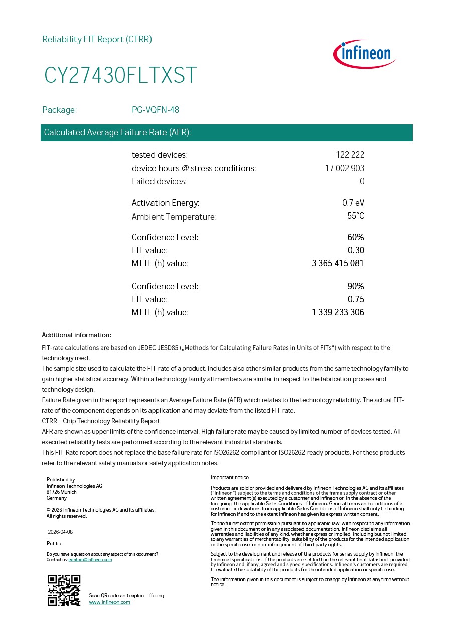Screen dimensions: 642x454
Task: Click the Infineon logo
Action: coord(365,54)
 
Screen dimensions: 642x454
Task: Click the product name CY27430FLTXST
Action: coord(120,76)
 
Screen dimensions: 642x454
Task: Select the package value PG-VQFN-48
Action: coord(156,110)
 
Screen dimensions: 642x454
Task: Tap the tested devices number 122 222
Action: coord(350,155)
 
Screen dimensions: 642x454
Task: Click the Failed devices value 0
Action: coord(362,181)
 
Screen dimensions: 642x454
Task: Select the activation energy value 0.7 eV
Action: coord(353,203)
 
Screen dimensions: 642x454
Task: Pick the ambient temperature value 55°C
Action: coord(356,216)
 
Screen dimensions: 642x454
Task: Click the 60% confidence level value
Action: coord(356,237)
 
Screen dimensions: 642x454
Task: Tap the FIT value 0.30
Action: coord(356,250)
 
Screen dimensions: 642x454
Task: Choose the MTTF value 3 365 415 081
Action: coord(338,263)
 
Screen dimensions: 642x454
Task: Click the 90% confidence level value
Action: coord(356,286)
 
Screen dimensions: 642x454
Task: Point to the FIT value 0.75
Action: coord(356,299)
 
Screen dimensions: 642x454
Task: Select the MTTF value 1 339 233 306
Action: coord(338,312)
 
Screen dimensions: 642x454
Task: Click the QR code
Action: coord(64,590)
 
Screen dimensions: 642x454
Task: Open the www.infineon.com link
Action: coord(109,602)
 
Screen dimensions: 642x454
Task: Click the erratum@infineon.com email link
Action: coord(90,560)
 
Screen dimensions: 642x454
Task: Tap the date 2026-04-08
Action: coord(60,532)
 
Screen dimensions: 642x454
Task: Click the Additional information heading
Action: coord(76,335)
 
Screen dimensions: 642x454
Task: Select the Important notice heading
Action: coord(229,478)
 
